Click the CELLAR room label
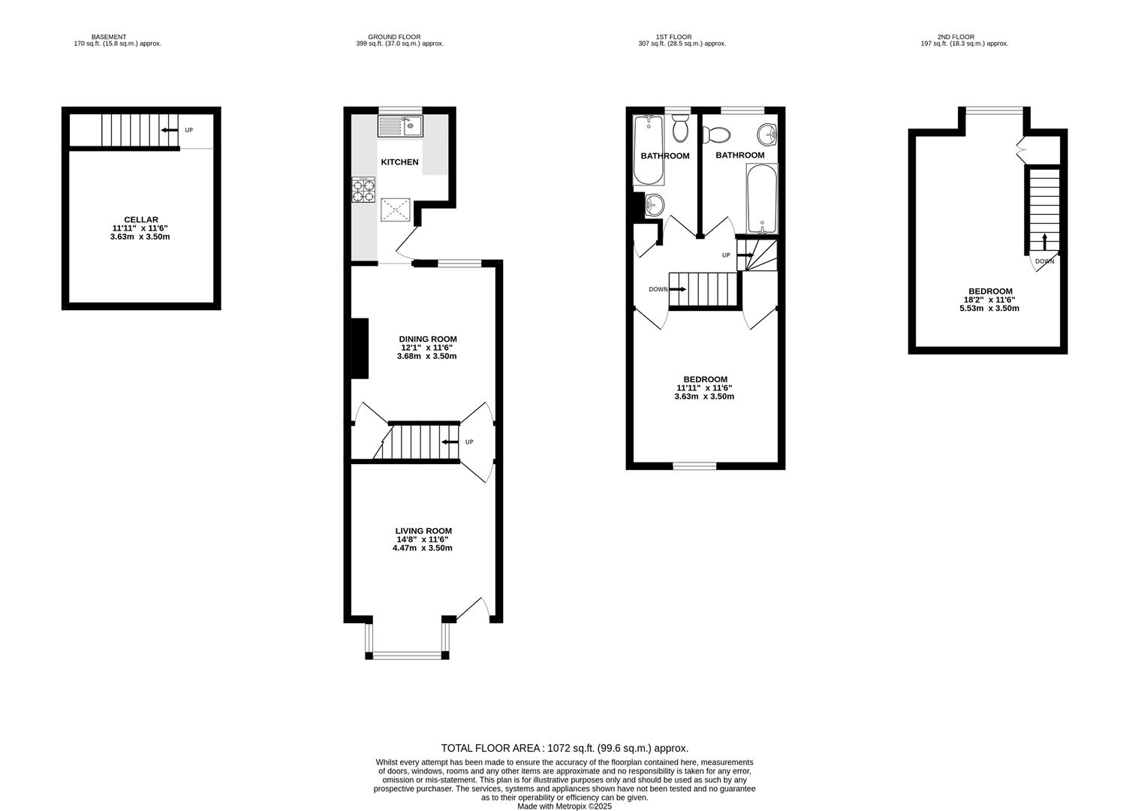pos(141,220)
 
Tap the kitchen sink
pos(401,125)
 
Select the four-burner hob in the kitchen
pos(363,190)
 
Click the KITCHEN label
pos(399,162)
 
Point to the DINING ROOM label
pos(427,339)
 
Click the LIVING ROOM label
pos(423,531)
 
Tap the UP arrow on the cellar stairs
pos(170,130)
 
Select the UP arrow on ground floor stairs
pos(450,442)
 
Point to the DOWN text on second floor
pos(1044,261)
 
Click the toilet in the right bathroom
pos(717,135)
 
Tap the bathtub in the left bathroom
pos(649,150)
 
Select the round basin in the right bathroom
pos(767,135)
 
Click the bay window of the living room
pos(407,655)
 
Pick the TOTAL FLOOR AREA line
pos(564,748)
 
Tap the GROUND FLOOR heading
pos(394,37)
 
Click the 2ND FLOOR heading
pos(956,37)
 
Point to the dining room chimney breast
pos(360,348)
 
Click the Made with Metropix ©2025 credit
pos(564,806)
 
